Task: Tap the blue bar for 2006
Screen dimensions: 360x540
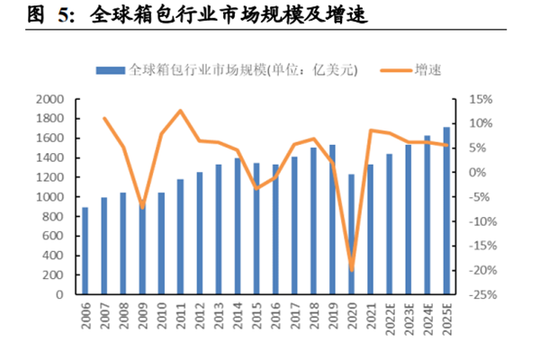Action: point(85,251)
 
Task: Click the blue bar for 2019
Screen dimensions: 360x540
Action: point(332,220)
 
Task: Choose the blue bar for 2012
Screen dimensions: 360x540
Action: point(200,233)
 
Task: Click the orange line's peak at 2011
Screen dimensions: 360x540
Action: point(181,111)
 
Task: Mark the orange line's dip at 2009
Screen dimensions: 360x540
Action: point(142,208)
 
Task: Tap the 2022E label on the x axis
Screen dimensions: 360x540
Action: point(389,320)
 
